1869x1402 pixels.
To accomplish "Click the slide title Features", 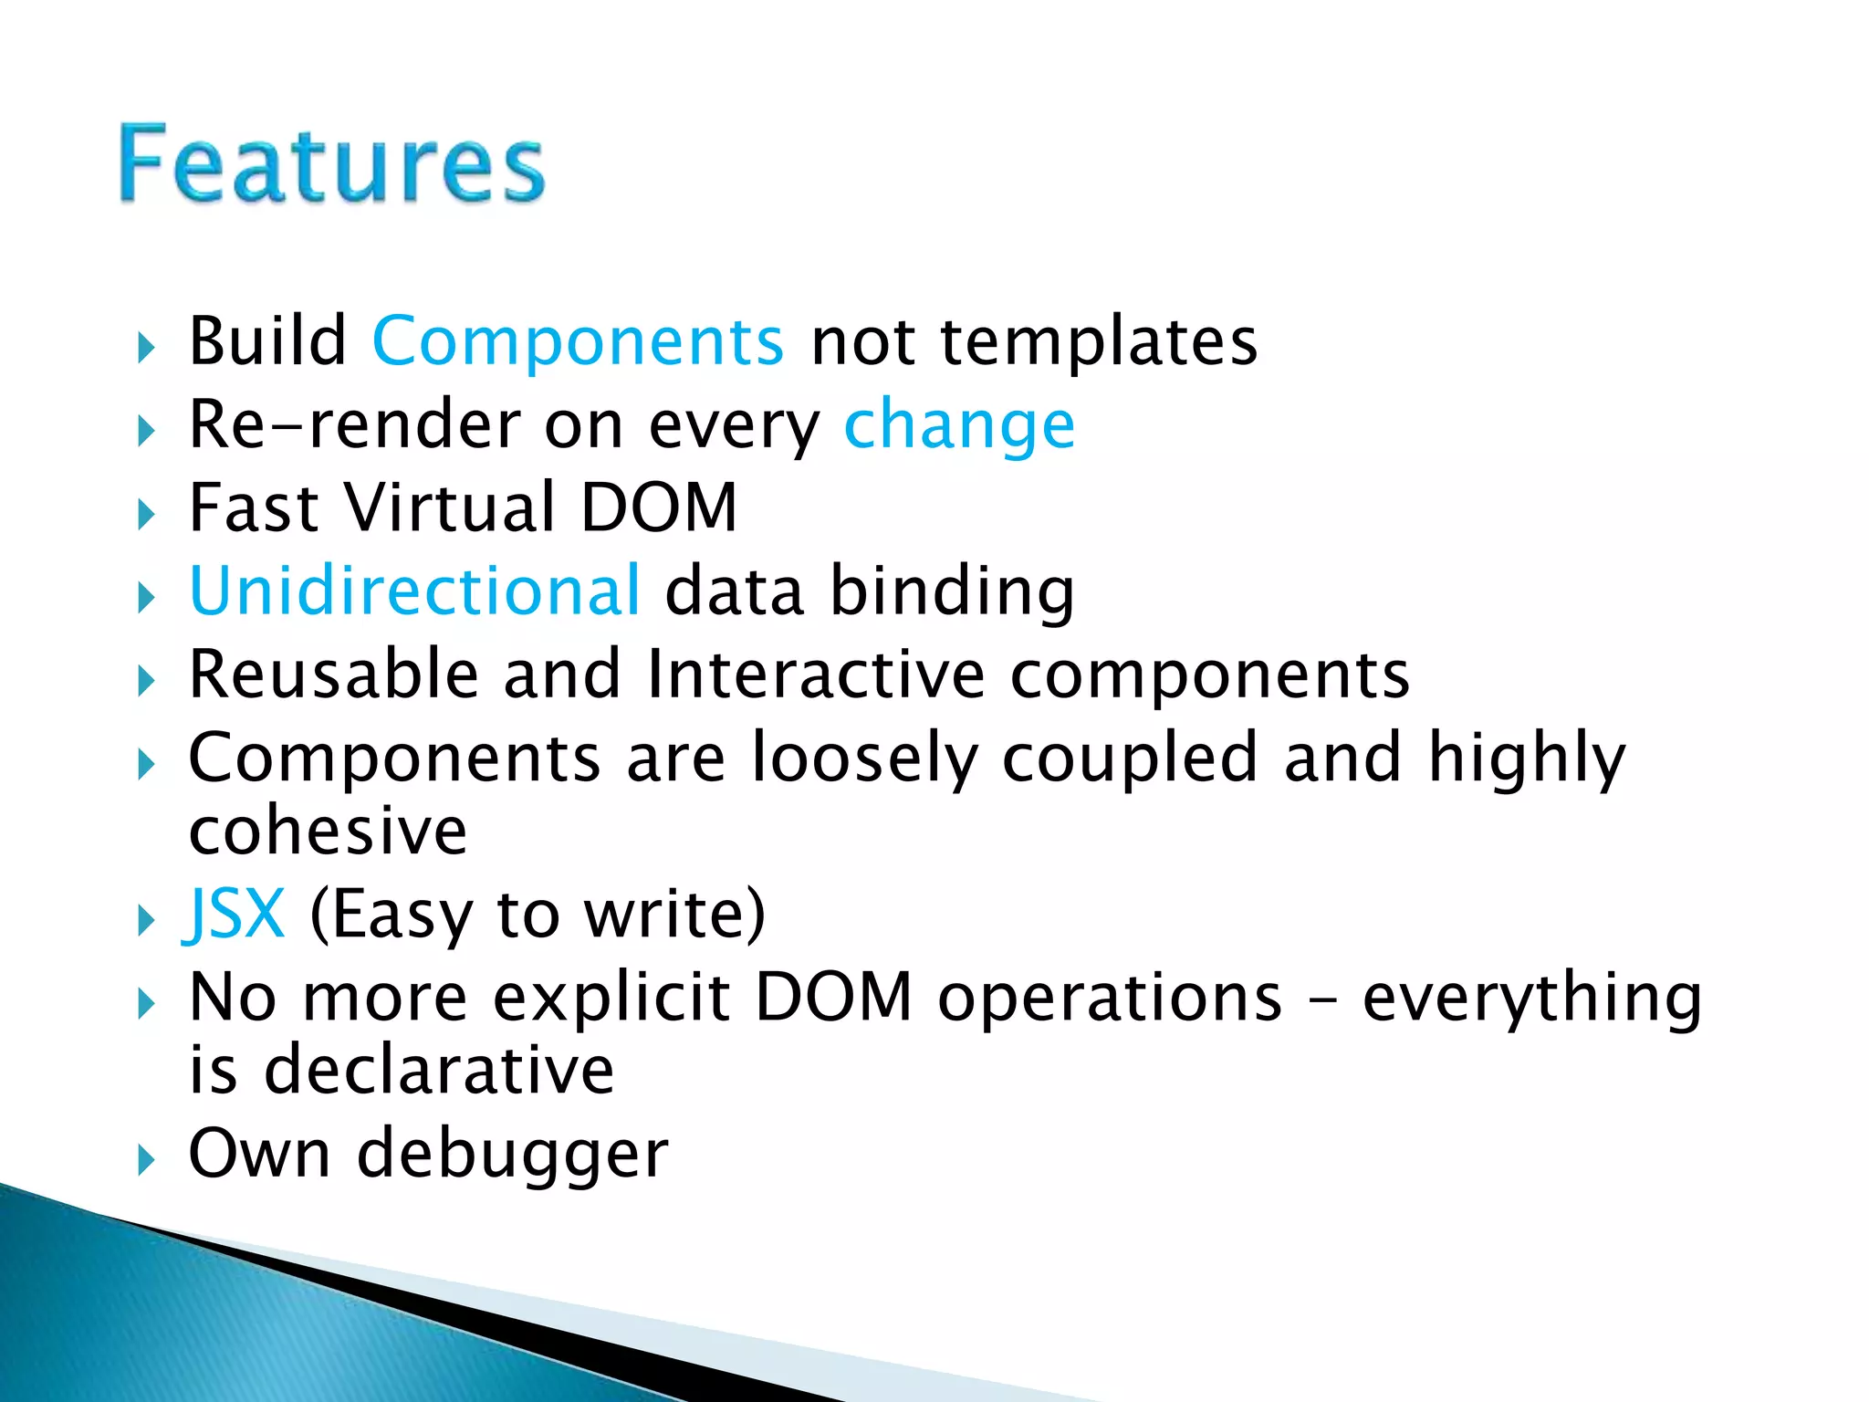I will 331,164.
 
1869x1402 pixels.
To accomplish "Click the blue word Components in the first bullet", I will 578,341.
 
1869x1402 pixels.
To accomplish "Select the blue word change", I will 959,426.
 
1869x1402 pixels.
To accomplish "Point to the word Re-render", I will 354,425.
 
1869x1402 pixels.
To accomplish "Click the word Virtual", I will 451,507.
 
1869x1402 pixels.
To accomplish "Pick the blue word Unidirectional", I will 414,591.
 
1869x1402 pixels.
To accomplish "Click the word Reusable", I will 333,675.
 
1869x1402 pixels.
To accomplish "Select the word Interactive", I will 816,675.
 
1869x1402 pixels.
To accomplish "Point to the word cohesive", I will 328,831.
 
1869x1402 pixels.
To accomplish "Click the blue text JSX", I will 235,914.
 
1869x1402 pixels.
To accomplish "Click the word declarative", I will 438,1070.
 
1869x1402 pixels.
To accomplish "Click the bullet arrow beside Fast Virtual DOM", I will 146,515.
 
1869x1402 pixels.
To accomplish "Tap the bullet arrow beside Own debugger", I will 146,1161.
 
